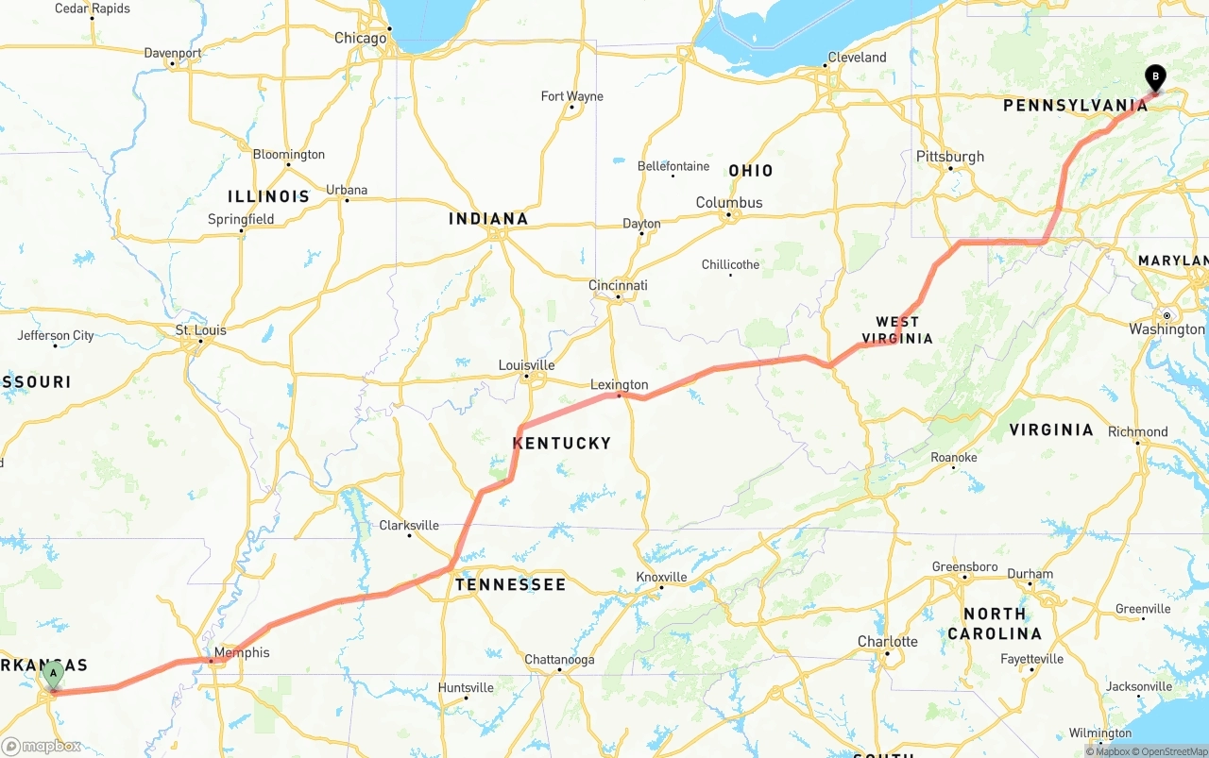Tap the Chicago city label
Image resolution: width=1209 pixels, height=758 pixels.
tap(361, 38)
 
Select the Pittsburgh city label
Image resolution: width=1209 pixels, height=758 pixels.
tap(950, 157)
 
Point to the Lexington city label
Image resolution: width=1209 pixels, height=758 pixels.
tap(620, 384)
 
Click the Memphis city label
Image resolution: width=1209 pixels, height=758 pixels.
tap(242, 652)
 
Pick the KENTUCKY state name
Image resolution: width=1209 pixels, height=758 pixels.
tap(562, 443)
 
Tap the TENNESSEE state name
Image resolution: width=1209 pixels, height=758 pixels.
tap(510, 584)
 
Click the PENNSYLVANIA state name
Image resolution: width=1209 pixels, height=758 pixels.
tap(1075, 106)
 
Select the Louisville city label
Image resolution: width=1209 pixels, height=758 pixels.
tap(527, 365)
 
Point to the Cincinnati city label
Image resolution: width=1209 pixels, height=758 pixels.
tap(618, 285)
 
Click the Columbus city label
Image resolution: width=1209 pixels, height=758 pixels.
tap(729, 202)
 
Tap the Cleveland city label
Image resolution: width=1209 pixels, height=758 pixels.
tap(857, 58)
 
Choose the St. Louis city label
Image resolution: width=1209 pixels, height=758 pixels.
tap(201, 330)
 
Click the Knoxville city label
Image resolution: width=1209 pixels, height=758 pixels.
tap(661, 577)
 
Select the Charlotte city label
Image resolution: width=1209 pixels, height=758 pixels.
tap(887, 642)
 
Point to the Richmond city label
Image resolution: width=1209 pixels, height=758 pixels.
tap(1137, 431)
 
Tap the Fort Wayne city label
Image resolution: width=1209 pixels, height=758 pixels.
tap(571, 96)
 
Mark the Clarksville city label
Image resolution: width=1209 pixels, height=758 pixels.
tap(409, 525)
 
